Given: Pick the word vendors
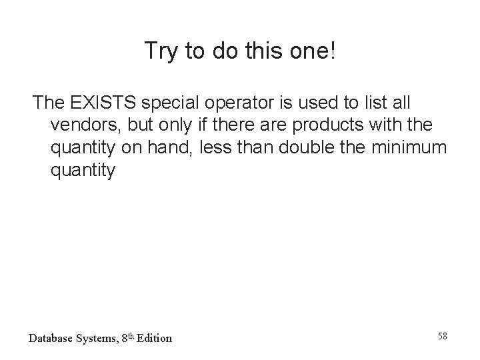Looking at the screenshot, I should coord(83,125).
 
